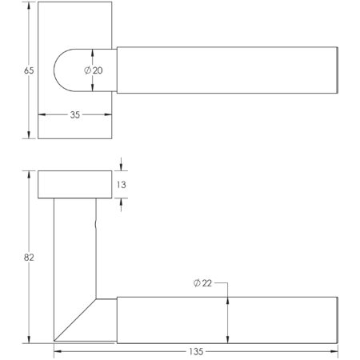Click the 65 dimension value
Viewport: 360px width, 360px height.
(28, 70)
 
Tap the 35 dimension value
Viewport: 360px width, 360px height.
(74, 114)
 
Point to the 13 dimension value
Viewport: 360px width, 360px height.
(122, 185)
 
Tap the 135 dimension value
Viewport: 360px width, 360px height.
(197, 350)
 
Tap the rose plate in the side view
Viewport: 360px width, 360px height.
(74, 185)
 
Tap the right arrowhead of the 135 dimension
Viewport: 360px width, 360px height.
(336, 350)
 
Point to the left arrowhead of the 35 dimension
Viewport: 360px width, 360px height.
(42, 114)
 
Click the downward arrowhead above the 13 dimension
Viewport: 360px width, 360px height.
(122, 167)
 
